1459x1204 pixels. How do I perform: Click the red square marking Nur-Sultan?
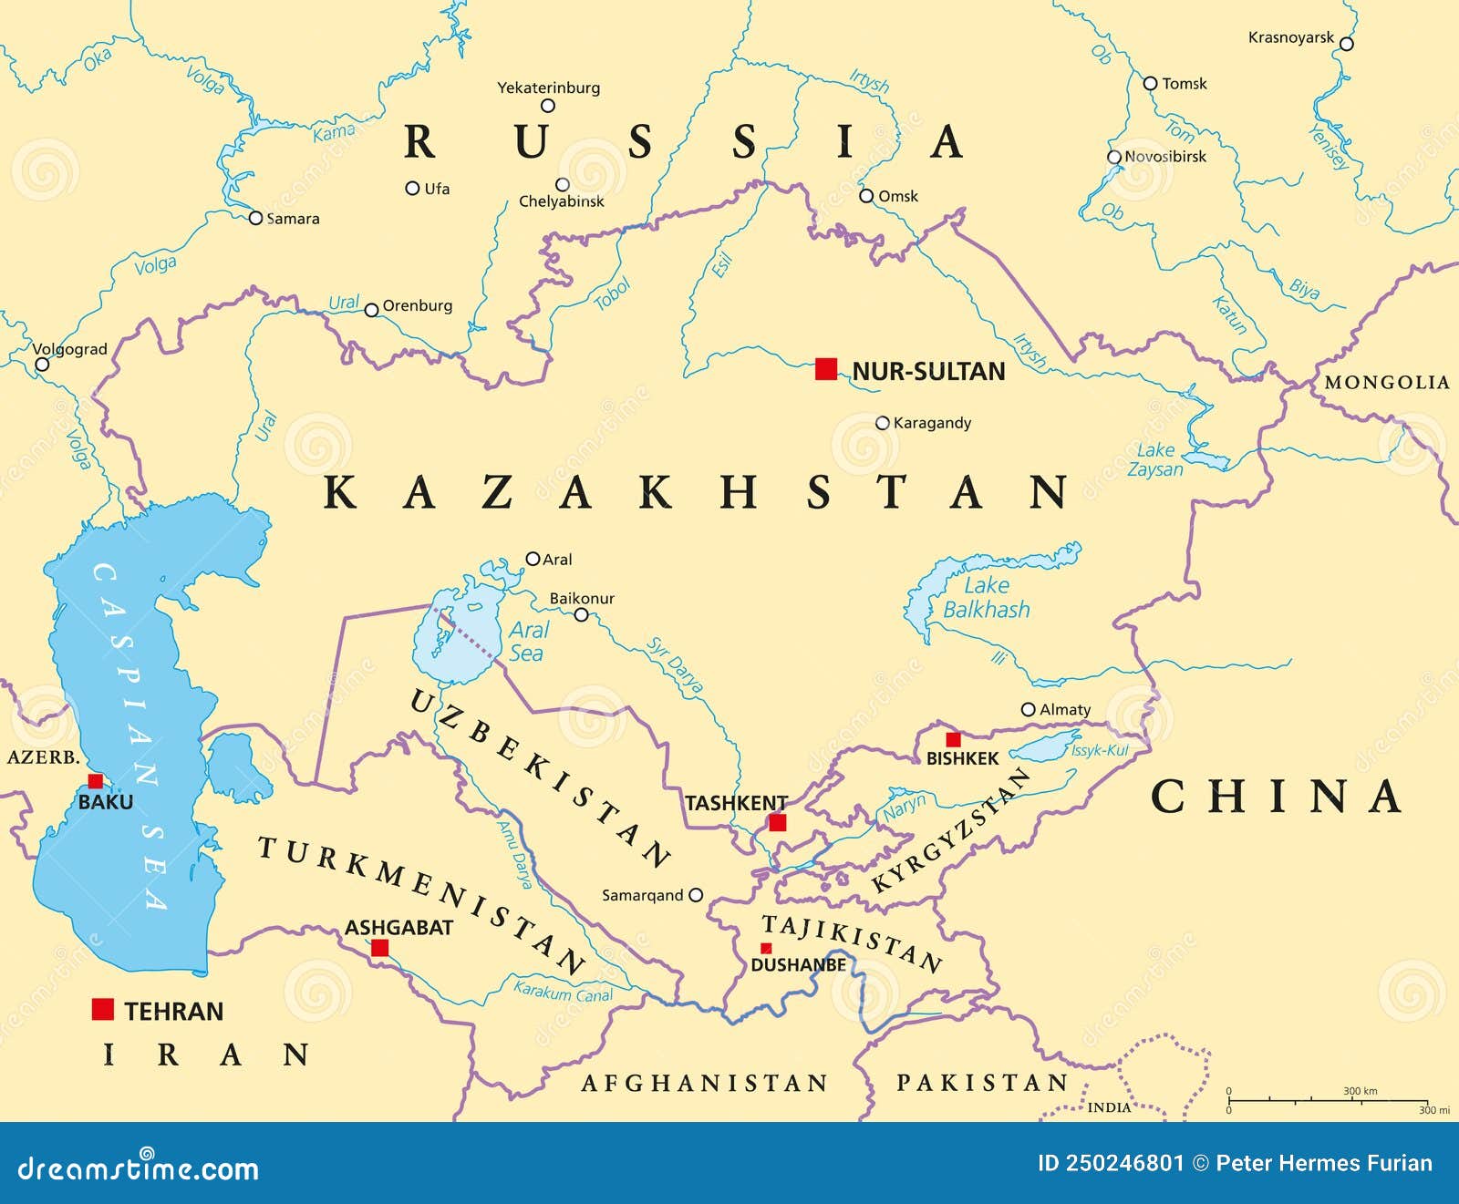click(x=826, y=369)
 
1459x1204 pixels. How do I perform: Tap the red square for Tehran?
click(x=103, y=1009)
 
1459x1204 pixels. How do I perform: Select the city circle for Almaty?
click(x=1028, y=709)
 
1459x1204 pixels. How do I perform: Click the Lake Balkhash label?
click(x=986, y=598)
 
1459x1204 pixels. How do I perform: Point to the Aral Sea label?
click(x=527, y=642)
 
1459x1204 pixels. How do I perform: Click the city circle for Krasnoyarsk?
click(x=1346, y=44)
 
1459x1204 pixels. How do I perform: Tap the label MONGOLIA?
click(x=1386, y=383)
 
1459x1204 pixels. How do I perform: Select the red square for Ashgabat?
click(x=380, y=948)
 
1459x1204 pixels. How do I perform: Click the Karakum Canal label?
click(x=563, y=992)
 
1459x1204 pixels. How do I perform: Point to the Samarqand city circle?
click(x=696, y=895)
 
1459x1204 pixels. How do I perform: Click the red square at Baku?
click(x=95, y=781)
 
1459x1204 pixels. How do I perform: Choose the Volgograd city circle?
click(x=42, y=365)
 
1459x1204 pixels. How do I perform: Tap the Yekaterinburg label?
click(x=548, y=87)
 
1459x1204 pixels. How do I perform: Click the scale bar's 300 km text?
click(x=1360, y=1091)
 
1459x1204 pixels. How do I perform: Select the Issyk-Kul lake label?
click(x=1100, y=750)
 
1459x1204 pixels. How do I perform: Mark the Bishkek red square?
click(x=953, y=739)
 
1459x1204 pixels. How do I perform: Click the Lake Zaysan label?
click(x=1155, y=460)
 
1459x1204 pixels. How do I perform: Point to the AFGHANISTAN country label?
click(x=704, y=1083)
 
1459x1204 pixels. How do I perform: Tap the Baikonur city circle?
click(x=581, y=615)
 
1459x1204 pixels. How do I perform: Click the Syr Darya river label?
click(x=675, y=665)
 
